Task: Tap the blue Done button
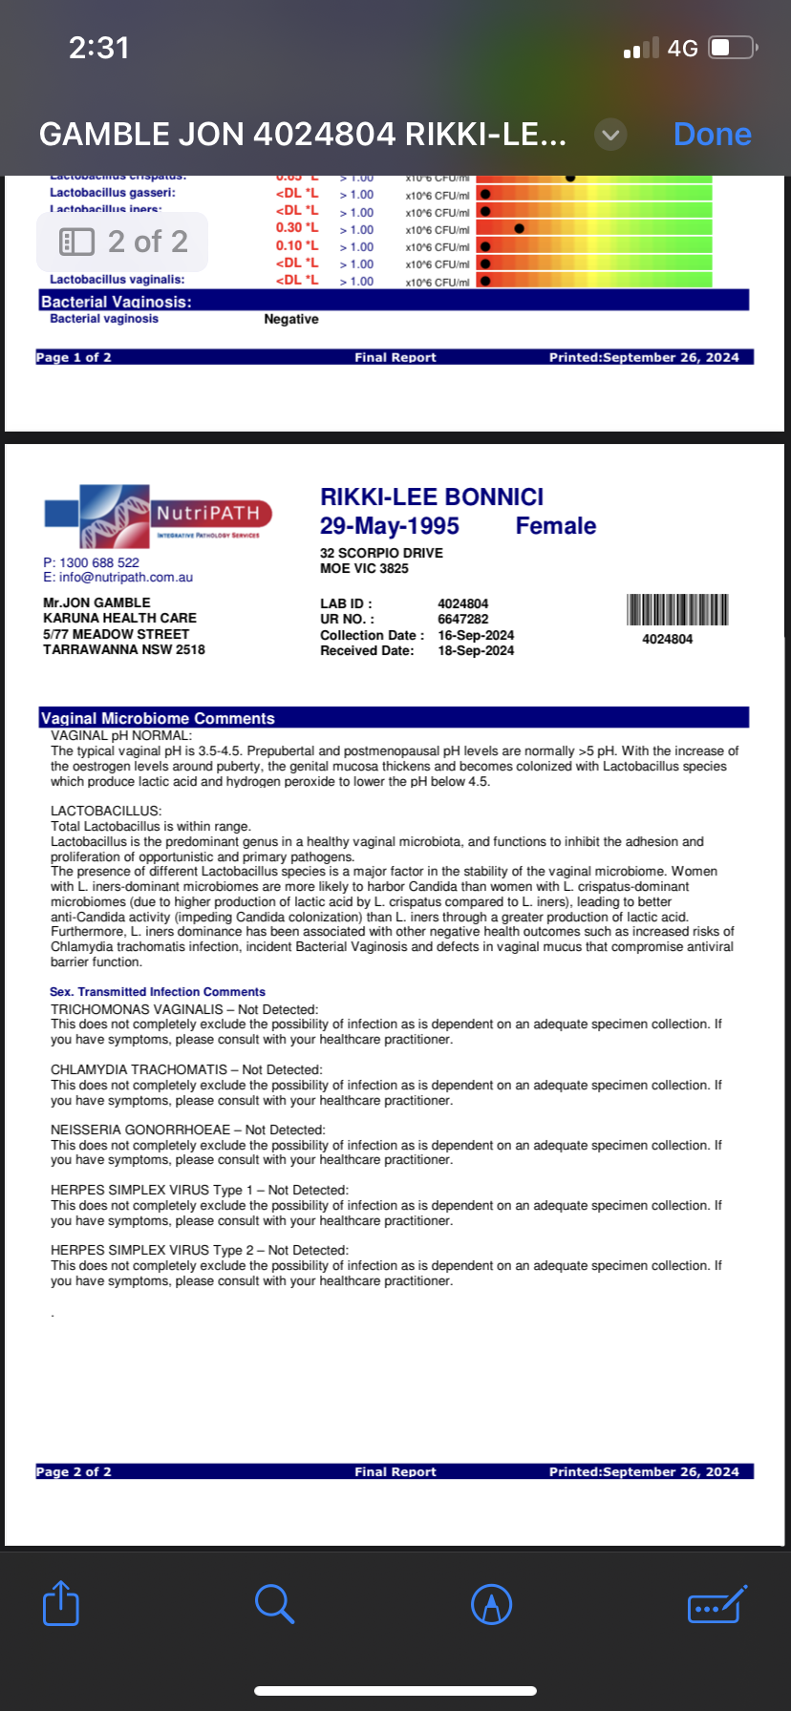712,135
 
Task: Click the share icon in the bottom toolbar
61,1603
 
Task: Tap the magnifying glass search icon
274,1603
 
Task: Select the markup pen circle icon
492,1604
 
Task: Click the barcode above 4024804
677,609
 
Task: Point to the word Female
555,526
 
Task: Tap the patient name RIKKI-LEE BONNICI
432,496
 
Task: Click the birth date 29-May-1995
390,526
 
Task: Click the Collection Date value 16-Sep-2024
476,635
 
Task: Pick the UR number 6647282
463,619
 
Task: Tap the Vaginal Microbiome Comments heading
158,718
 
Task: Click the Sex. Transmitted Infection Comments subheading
158,992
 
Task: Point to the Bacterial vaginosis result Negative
291,319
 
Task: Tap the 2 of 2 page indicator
123,242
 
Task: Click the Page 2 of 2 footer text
74,1471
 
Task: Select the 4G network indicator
682,48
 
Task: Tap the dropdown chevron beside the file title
610,135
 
